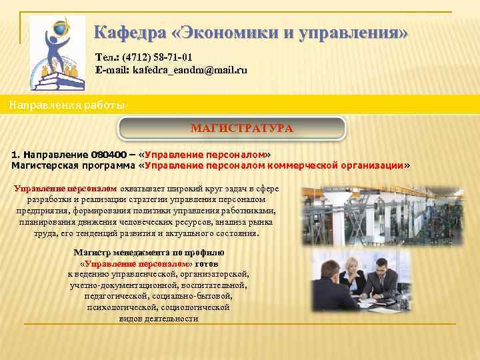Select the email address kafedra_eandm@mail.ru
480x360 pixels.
tap(189, 69)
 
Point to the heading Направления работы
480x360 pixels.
tap(66, 105)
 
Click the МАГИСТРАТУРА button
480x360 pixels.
tap(232, 128)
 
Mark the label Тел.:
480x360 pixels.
tap(107, 57)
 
